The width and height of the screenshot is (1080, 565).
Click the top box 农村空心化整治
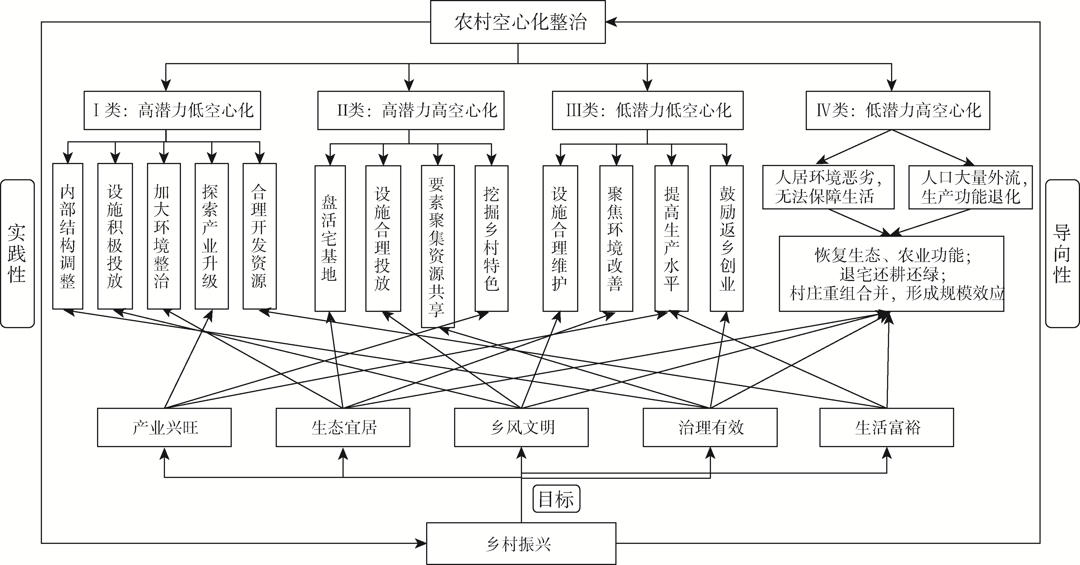pos(518,22)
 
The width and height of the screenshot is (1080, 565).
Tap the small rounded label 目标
pos(556,499)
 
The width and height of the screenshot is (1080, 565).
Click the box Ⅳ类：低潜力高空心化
pos(898,110)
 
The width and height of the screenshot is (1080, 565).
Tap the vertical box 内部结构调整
pos(67,236)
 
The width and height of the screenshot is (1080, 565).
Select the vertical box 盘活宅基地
pos(330,238)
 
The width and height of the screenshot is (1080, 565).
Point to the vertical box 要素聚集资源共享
pos(437,246)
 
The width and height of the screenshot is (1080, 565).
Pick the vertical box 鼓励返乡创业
pos(727,238)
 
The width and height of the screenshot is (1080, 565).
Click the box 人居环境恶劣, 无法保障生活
pos(828,187)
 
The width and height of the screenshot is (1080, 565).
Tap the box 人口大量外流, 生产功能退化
pos(970,187)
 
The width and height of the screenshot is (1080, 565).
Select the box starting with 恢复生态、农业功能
pos(891,274)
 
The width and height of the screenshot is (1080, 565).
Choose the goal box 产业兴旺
pos(164,427)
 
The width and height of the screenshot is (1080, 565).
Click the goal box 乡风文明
pos(521,427)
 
